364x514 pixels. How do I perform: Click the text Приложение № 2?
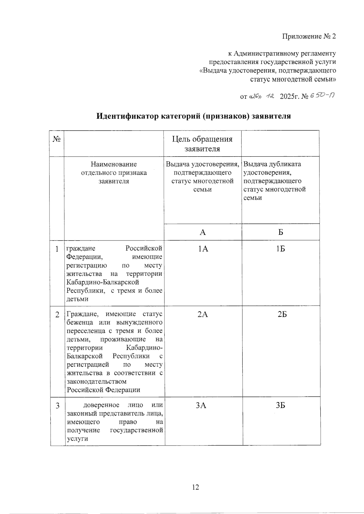(309, 37)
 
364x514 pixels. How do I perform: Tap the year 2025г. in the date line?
(289, 97)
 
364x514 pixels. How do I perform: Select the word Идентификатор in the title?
(127, 116)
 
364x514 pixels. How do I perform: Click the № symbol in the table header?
(57, 139)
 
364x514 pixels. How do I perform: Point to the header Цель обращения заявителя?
(202, 144)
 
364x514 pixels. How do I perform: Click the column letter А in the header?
(203, 232)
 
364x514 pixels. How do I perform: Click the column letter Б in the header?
(281, 232)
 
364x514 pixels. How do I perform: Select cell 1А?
(203, 249)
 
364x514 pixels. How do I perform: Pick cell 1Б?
(281, 249)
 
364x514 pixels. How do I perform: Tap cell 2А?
(203, 314)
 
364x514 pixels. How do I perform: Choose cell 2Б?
(282, 314)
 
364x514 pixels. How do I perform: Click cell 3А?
(201, 406)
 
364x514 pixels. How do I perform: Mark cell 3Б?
(281, 406)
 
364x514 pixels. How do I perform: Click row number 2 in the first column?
(57, 315)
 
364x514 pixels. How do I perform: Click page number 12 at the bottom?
(195, 487)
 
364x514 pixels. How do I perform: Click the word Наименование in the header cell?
(114, 164)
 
